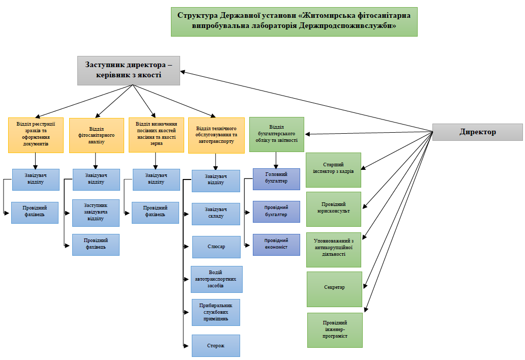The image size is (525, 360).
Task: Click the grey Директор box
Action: pyautogui.click(x=477, y=132)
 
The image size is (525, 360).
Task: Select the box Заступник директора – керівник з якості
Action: pyautogui.click(x=129, y=70)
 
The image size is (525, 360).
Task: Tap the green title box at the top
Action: pyautogui.click(x=294, y=21)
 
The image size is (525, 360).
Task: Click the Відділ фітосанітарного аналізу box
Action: pyautogui.click(x=96, y=135)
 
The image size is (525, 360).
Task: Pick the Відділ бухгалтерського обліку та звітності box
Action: pyautogui.click(x=276, y=134)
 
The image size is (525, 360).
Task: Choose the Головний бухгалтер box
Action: pyautogui.click(x=276, y=179)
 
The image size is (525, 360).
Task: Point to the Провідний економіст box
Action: pyautogui.click(x=276, y=245)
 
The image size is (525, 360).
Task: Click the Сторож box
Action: pyautogui.click(x=216, y=346)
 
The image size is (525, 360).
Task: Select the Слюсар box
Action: pyautogui.click(x=216, y=247)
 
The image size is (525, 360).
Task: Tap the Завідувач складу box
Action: pyautogui.click(x=216, y=214)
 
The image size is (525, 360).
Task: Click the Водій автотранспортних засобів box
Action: pyautogui.click(x=216, y=279)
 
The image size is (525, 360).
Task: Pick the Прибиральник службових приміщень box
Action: pyautogui.click(x=216, y=312)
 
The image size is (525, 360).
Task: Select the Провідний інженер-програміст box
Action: pyautogui.click(x=335, y=329)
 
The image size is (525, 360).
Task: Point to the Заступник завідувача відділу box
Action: pyautogui.click(x=96, y=212)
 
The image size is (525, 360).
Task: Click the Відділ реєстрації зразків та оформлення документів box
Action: pyautogui.click(x=36, y=135)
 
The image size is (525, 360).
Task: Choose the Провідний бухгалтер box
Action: pyautogui.click(x=276, y=212)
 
